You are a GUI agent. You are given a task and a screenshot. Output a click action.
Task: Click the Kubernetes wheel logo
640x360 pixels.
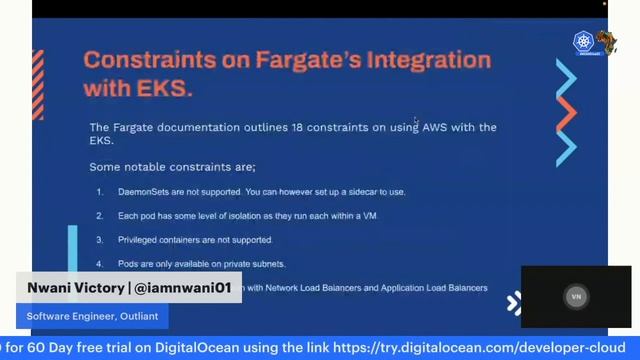(583, 43)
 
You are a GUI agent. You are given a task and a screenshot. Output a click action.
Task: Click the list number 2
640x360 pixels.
(100, 216)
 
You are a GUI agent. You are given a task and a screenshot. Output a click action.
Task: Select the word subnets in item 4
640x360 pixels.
(267, 264)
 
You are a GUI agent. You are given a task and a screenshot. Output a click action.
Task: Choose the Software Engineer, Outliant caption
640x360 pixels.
(85, 316)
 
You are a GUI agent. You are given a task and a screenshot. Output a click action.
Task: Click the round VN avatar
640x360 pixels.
(576, 297)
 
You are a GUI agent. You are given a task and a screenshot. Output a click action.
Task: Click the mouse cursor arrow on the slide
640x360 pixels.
(416, 121)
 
